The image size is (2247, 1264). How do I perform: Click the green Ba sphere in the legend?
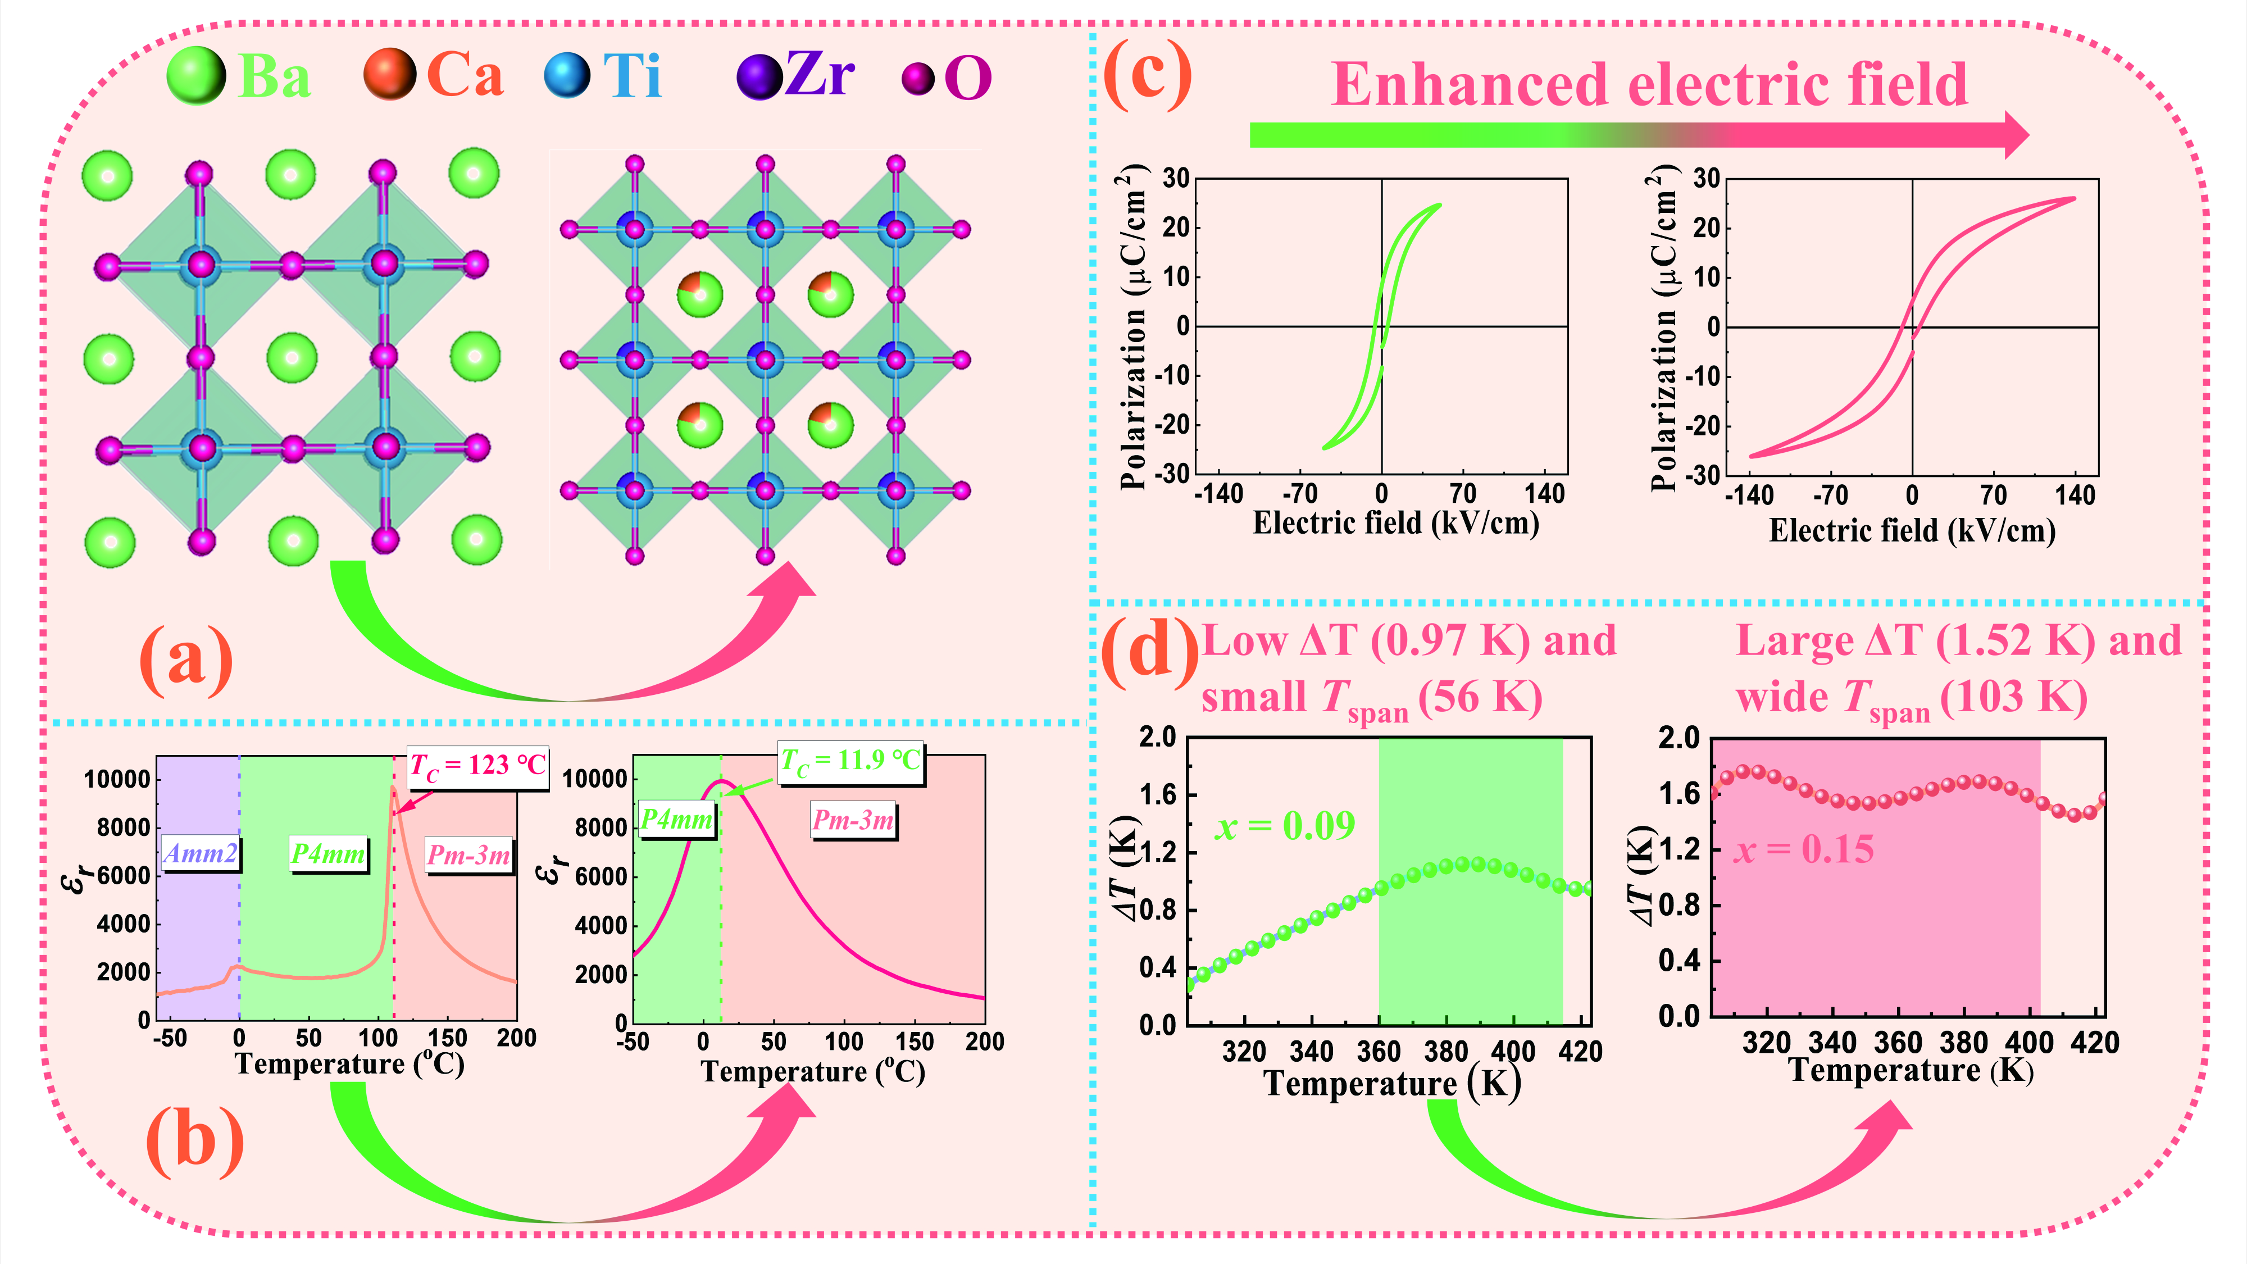[x=195, y=76]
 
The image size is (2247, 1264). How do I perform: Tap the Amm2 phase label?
[x=201, y=853]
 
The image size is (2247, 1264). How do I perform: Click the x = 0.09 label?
[x=1285, y=825]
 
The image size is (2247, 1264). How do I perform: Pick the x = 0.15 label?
[x=1803, y=849]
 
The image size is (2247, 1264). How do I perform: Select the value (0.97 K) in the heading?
[x=1450, y=641]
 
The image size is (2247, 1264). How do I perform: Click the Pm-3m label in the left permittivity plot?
[x=468, y=855]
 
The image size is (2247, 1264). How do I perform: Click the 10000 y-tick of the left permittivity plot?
[x=117, y=779]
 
